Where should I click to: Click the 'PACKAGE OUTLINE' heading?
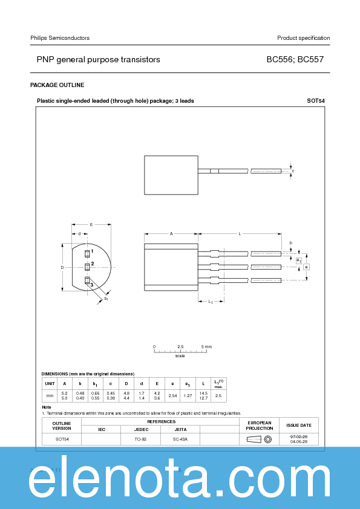click(57, 85)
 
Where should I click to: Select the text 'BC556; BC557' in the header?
click(298, 60)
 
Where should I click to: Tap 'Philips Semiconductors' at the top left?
click(60, 38)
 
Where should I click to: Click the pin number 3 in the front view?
click(92, 284)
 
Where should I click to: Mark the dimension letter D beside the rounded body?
click(62, 267)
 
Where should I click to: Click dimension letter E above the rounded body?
click(91, 224)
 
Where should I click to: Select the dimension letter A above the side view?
click(171, 233)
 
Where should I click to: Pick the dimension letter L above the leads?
click(240, 233)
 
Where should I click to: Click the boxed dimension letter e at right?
click(307, 267)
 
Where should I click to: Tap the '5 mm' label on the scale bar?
click(206, 347)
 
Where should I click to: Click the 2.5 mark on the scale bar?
click(180, 347)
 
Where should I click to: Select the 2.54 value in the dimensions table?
click(173, 395)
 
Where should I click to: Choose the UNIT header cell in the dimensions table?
click(50, 383)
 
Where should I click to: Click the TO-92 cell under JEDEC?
click(140, 439)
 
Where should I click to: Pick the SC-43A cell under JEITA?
click(180, 439)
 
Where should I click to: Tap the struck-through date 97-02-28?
click(299, 436)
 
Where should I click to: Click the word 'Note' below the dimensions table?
click(47, 407)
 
